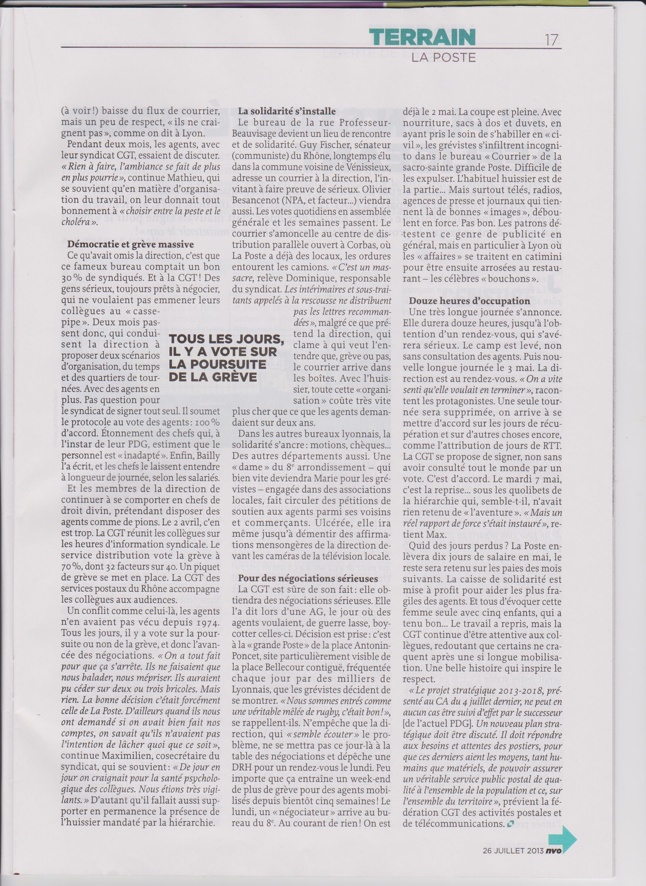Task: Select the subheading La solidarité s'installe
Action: pyautogui.click(x=287, y=111)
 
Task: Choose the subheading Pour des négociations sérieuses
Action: pyautogui.click(x=308, y=578)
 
